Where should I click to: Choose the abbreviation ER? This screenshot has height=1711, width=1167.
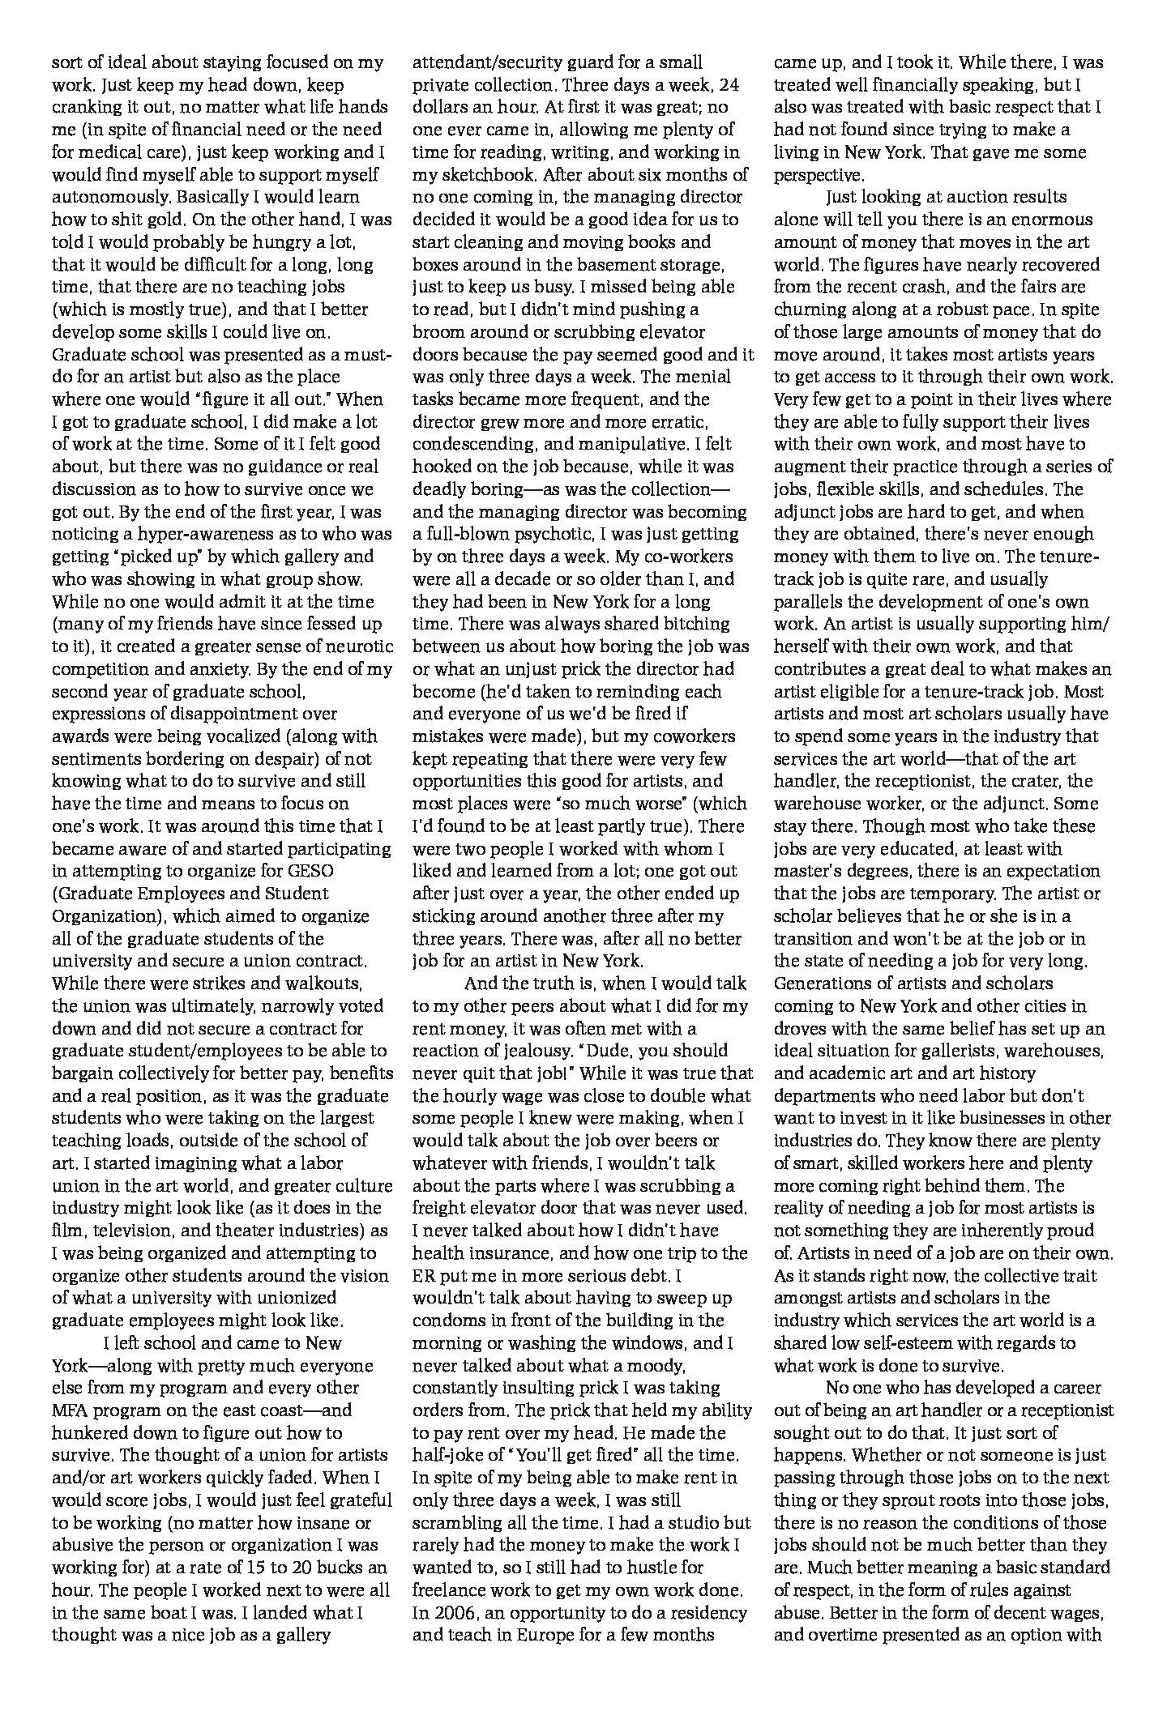click(425, 1275)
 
